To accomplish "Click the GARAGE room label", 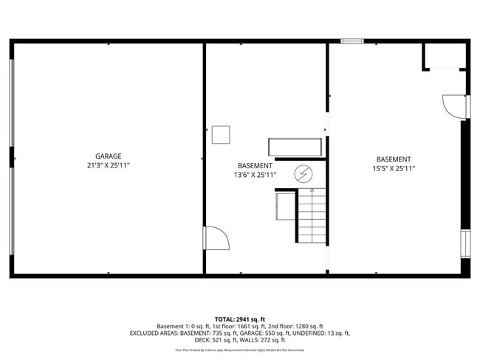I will point(108,156).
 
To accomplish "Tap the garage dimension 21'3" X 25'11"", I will point(108,165).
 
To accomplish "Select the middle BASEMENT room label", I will point(255,166).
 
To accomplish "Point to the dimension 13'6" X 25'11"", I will point(255,176).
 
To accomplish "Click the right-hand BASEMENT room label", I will point(394,159).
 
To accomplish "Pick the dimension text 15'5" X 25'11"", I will point(394,169).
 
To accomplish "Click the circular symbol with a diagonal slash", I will point(303,174).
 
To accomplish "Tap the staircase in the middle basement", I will point(312,215).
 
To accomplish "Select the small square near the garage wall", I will point(221,135).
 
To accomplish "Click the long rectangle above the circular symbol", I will point(295,146).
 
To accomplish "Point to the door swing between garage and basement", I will point(216,238).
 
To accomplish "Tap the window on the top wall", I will point(352,41).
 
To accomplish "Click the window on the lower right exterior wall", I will point(465,243).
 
